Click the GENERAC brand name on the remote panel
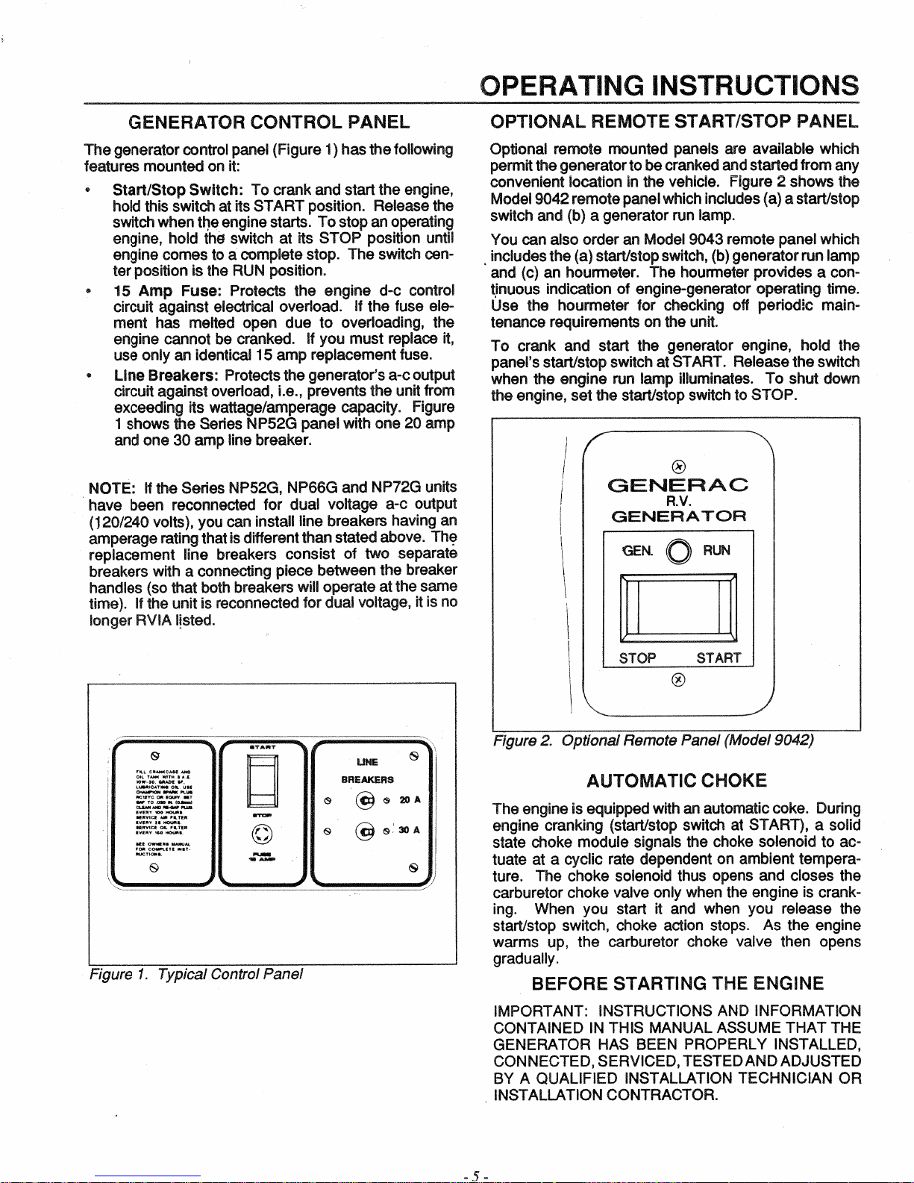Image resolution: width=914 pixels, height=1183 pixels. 678,486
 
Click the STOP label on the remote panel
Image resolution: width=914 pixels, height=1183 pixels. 637,658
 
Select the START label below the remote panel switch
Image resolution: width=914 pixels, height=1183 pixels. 719,658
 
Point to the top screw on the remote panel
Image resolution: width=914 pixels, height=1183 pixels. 678,466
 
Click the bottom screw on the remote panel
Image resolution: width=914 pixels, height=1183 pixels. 678,679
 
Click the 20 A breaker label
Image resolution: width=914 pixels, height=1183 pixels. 410,800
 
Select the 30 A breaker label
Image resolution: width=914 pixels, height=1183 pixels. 410,830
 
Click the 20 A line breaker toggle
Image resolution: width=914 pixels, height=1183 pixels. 366,800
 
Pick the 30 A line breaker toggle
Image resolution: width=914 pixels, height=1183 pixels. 366,830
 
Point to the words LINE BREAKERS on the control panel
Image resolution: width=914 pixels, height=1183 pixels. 367,770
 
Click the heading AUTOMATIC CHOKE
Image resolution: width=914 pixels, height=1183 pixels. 676,781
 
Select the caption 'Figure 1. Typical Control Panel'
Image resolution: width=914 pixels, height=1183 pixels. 196,974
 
